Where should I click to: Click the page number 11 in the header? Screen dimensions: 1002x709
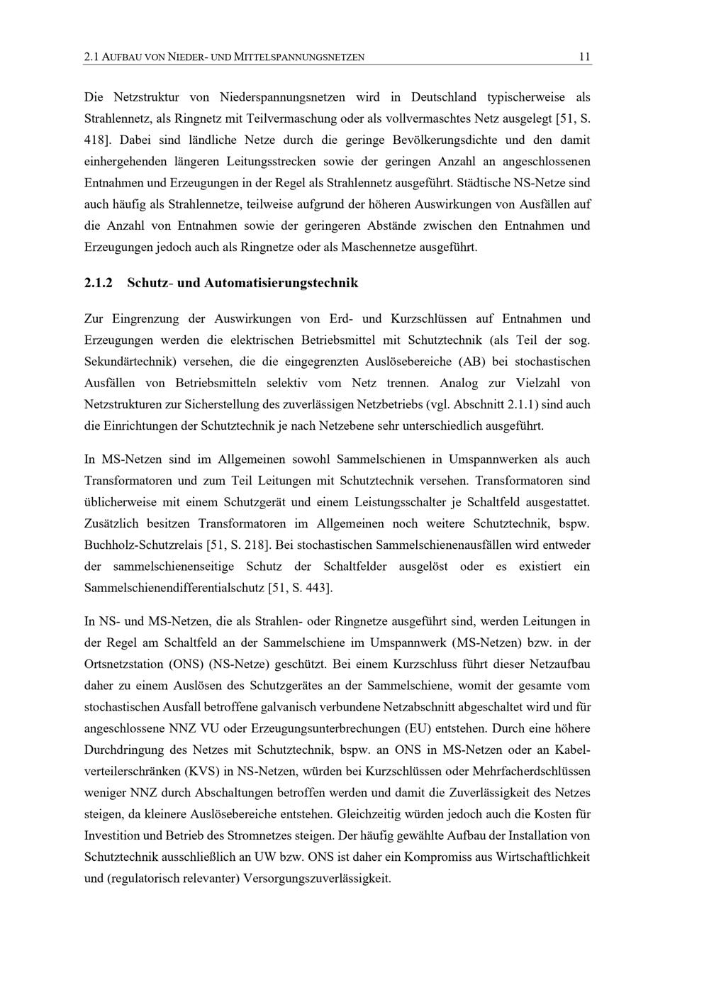pos(585,57)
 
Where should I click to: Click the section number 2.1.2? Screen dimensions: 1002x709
pos(99,283)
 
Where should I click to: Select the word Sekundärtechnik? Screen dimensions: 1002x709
pos(127,362)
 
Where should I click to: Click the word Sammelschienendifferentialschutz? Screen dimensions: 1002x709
pos(174,588)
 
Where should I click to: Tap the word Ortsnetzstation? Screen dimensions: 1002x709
pos(125,664)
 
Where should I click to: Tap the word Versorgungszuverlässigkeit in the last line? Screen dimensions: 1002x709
pos(316,878)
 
